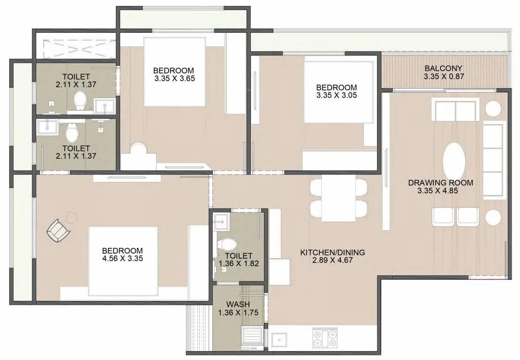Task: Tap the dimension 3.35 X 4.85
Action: coord(440,191)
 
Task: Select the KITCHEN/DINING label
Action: coord(332,253)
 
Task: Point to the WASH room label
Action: coord(238,304)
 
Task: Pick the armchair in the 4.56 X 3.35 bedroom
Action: coord(59,231)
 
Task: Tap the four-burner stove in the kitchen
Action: coord(324,338)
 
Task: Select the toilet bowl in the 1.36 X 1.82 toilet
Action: coord(228,244)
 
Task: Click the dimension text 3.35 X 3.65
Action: coord(174,78)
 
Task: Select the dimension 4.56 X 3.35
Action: coord(122,258)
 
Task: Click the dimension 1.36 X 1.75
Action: coord(238,312)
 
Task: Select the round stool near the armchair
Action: coord(71,217)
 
